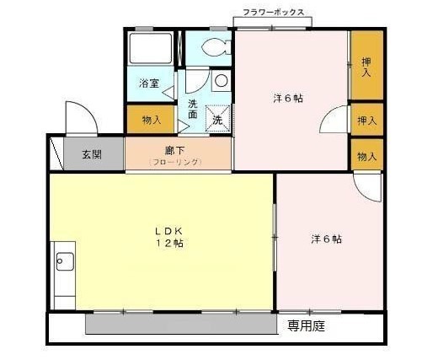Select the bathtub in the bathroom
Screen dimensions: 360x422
(152, 50)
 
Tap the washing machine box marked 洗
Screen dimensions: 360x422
(217, 121)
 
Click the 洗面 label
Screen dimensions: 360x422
(193, 109)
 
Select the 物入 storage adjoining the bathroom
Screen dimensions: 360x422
(152, 120)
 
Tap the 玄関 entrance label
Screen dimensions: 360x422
(92, 154)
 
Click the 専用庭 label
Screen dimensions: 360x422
(305, 324)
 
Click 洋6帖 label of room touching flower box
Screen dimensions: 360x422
(288, 98)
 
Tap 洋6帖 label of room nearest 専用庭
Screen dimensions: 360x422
(326, 239)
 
